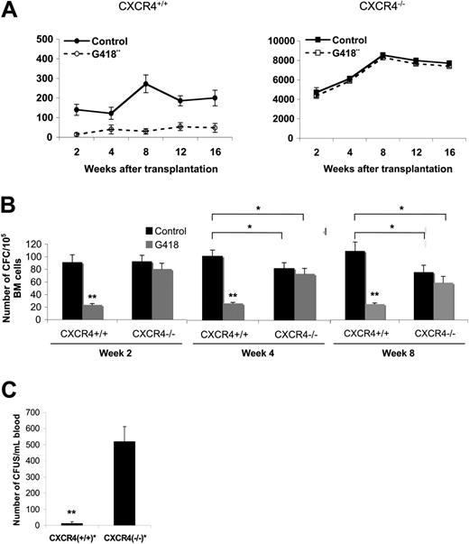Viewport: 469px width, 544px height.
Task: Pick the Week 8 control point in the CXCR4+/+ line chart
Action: pyautogui.click(x=146, y=85)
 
